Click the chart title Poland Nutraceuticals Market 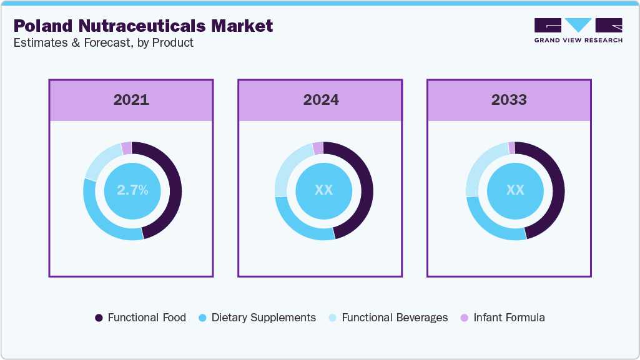point(143,26)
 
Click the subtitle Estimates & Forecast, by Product point(104,42)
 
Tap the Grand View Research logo point(578,30)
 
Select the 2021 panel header point(131,100)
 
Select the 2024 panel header point(321,100)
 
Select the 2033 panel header point(509,100)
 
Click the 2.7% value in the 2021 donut point(132,191)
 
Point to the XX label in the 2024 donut point(323,191)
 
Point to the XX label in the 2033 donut point(515,191)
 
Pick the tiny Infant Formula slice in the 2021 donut point(127,148)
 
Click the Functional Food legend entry point(140,318)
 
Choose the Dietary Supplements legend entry point(257,318)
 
